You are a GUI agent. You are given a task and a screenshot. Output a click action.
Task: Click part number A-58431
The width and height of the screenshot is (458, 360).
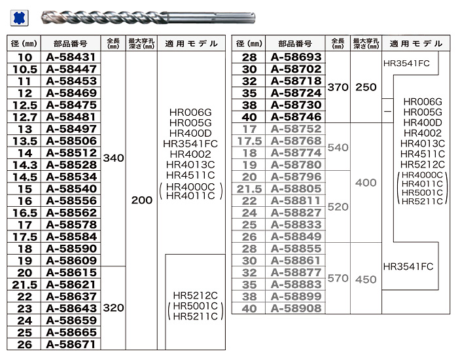click(x=71, y=57)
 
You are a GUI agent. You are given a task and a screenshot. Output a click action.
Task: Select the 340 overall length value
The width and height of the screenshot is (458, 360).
click(x=113, y=158)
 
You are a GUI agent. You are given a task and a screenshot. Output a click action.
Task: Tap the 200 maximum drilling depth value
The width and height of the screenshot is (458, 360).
click(x=142, y=200)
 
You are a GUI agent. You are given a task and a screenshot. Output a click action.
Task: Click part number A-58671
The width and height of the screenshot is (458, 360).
click(x=71, y=344)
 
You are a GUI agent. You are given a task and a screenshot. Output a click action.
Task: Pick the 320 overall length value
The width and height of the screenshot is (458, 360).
click(x=113, y=308)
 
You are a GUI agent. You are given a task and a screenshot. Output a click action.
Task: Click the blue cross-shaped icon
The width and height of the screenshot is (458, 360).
click(x=19, y=18)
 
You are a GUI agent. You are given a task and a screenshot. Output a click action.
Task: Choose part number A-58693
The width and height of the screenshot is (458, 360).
click(x=296, y=57)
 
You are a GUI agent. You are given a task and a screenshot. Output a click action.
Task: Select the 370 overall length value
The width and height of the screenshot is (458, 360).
click(x=338, y=87)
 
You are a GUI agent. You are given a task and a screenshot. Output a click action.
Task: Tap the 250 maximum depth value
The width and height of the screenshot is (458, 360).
click(x=366, y=87)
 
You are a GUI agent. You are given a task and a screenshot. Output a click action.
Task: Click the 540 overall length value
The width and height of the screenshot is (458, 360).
click(x=338, y=147)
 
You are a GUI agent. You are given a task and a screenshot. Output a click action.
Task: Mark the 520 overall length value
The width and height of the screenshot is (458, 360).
click(x=338, y=207)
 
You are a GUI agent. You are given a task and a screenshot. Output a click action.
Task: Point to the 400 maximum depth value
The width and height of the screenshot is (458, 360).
click(x=366, y=183)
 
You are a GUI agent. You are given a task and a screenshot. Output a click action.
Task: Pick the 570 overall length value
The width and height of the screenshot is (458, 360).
click(x=338, y=278)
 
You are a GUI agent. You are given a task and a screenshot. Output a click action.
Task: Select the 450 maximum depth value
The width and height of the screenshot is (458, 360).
click(x=366, y=279)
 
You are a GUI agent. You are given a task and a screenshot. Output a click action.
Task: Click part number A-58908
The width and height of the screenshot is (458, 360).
click(x=296, y=308)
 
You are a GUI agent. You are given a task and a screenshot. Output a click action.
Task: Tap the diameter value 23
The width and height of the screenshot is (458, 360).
click(x=25, y=308)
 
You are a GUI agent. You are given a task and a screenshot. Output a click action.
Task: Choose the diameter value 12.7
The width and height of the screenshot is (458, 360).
click(x=25, y=117)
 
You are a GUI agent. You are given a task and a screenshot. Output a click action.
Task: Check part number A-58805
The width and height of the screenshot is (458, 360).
click(x=296, y=189)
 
